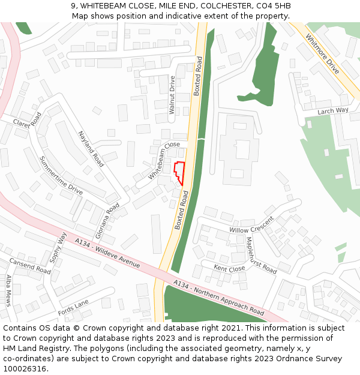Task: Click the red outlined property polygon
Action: coord(178,173)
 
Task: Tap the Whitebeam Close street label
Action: coord(164,161)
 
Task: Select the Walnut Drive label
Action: coord(172,95)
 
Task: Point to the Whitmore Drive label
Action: coord(322,54)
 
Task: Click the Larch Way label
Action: coord(333,111)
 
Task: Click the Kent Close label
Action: coord(229,269)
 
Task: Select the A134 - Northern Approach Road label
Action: coord(218,298)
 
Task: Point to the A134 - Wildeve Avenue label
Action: coord(107,253)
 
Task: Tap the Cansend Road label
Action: coord(30,266)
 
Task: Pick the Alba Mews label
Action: coord(8,290)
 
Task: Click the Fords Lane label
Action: coord(73,308)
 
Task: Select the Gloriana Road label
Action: coord(107,221)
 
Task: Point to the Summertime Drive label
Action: coord(61,175)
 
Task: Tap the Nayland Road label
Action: coord(91,149)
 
